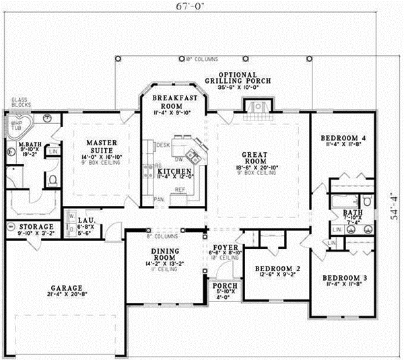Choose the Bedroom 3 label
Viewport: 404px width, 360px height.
tap(343, 279)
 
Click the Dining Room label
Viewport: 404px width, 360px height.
tap(164, 254)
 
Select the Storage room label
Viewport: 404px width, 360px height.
tap(36, 227)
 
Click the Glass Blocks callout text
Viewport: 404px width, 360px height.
tap(19, 103)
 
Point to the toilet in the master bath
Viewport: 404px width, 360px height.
tap(52, 179)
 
